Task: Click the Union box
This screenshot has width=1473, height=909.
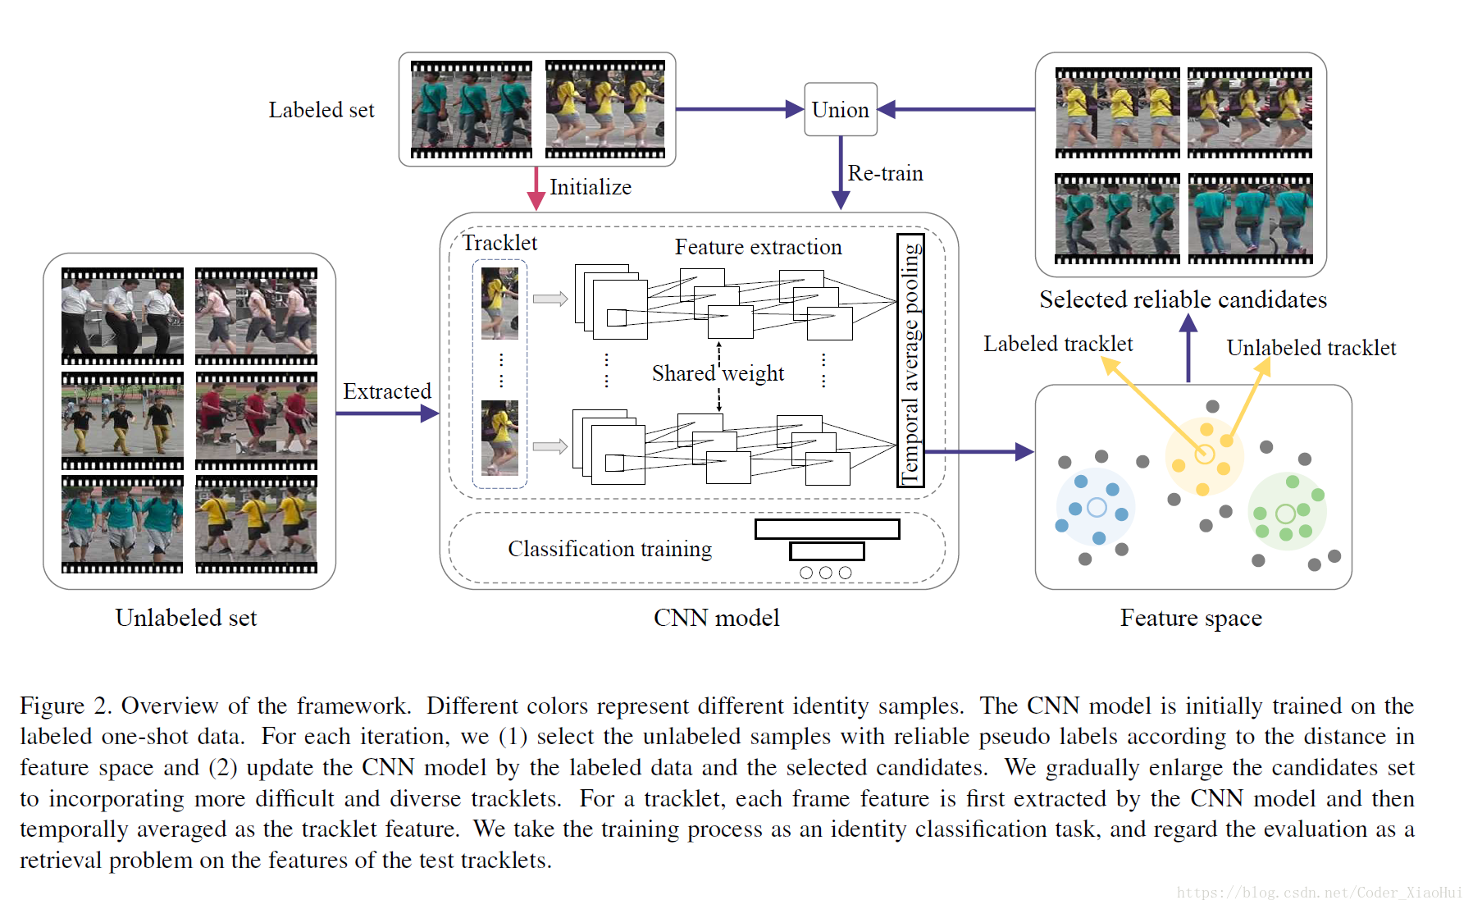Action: coord(841,109)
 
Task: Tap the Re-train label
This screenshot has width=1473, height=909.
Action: coord(885,173)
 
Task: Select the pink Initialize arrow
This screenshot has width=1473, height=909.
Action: coord(536,189)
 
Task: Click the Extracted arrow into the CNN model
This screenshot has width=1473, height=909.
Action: coord(387,413)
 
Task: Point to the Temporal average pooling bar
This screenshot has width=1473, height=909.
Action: coord(910,360)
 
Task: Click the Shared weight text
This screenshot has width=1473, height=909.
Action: coord(718,373)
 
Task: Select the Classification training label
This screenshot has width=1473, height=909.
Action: coord(609,549)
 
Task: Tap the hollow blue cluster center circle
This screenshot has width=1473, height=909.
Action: coord(1097,508)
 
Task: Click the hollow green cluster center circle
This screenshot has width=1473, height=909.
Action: coord(1285,514)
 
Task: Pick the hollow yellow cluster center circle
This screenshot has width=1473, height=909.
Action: coord(1204,454)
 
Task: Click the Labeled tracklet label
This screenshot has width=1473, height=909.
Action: coord(1058,344)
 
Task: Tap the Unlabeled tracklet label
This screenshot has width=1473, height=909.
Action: coord(1311,348)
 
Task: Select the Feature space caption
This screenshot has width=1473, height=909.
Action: coord(1191,618)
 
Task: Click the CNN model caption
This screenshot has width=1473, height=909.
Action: coord(716,618)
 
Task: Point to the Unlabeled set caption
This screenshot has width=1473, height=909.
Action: coord(186,618)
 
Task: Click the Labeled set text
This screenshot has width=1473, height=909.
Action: coord(322,110)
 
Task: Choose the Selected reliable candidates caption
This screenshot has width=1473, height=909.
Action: coord(1183,299)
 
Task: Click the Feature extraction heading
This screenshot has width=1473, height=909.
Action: coord(758,247)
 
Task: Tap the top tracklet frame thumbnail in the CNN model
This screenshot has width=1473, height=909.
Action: coord(499,304)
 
